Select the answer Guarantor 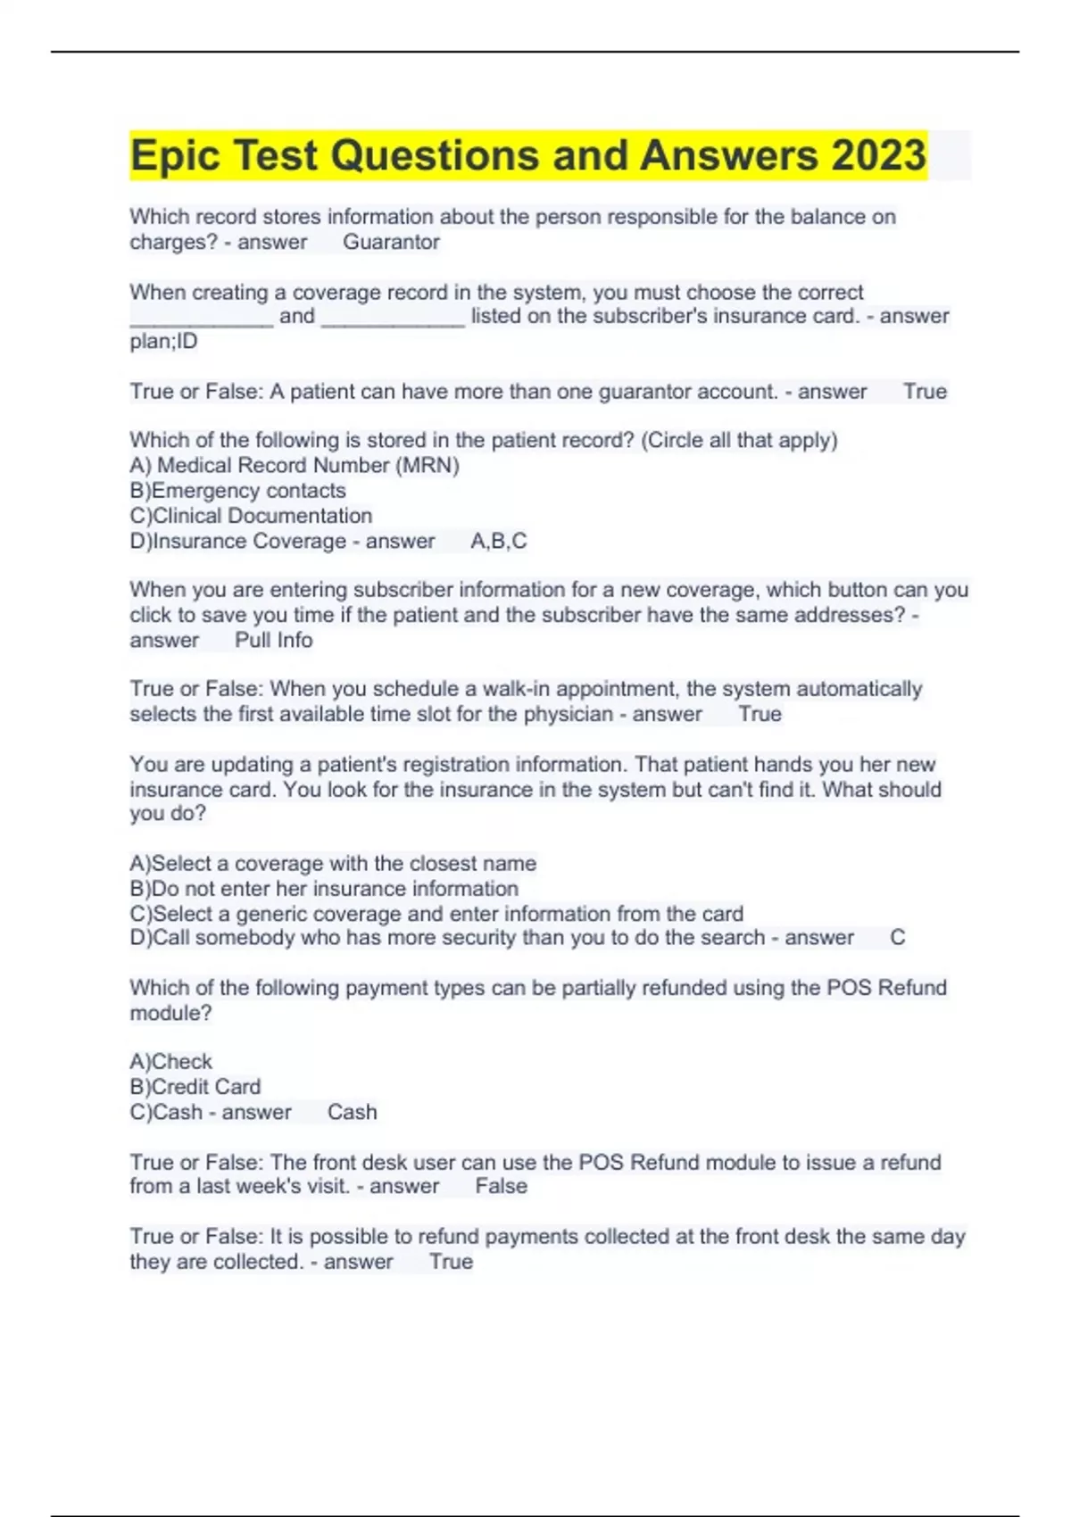tap(391, 242)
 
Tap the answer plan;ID tap(163, 341)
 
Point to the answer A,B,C tap(498, 541)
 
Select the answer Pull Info tap(273, 640)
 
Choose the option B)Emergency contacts tap(237, 490)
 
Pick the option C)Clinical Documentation tap(251, 516)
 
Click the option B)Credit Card tap(195, 1087)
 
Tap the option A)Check tap(171, 1062)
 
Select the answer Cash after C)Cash tap(352, 1112)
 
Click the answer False tap(501, 1186)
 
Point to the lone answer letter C tap(897, 938)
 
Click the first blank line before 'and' tap(202, 319)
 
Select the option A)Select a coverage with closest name tap(333, 864)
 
